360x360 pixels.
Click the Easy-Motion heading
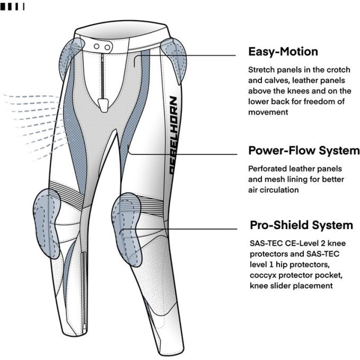coord(283,52)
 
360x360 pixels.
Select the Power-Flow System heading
coord(304,150)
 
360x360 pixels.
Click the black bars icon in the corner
coord(13,7)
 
